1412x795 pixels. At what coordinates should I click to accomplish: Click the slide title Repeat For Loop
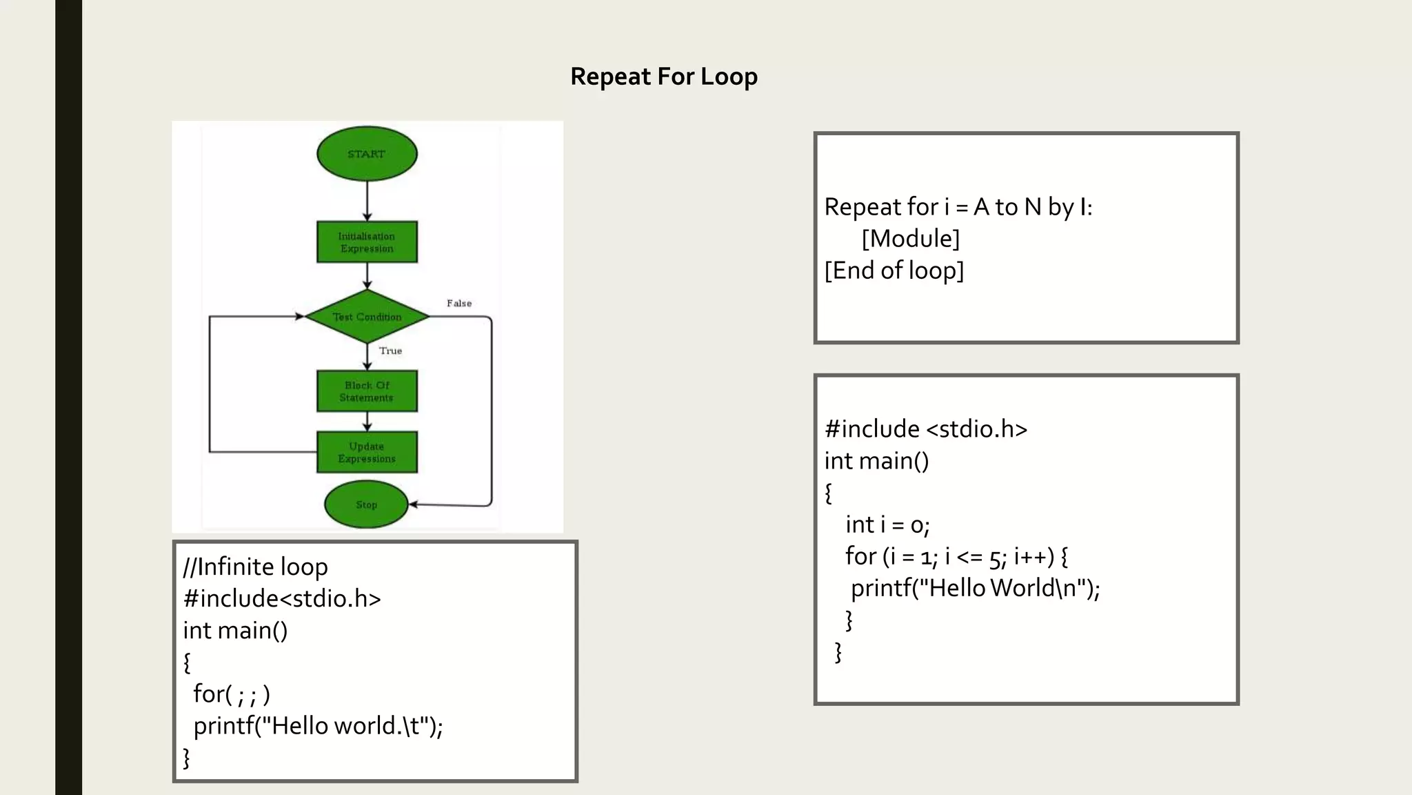pyautogui.click(x=663, y=77)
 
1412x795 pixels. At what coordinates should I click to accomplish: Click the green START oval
pyautogui.click(x=367, y=154)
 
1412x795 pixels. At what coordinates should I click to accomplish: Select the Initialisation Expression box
pyautogui.click(x=367, y=242)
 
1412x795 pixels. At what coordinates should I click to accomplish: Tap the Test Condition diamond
pyautogui.click(x=367, y=317)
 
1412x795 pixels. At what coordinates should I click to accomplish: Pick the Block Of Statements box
pyautogui.click(x=367, y=391)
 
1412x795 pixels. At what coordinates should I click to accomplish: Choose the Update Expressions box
pyautogui.click(x=367, y=452)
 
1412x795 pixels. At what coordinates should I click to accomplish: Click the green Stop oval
pyautogui.click(x=366, y=504)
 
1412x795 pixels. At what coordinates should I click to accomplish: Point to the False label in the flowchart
pyautogui.click(x=459, y=304)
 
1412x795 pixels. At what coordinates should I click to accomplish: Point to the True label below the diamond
pyautogui.click(x=390, y=351)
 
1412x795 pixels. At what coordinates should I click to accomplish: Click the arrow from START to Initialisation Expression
pyautogui.click(x=367, y=200)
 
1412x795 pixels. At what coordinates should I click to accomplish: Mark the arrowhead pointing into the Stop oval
pyautogui.click(x=414, y=504)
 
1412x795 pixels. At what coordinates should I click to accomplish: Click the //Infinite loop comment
pyautogui.click(x=255, y=567)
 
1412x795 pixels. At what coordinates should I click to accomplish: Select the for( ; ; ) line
pyautogui.click(x=232, y=694)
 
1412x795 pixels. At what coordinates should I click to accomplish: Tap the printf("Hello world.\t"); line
pyautogui.click(x=318, y=726)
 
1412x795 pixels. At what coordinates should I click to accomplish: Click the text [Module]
pyautogui.click(x=910, y=239)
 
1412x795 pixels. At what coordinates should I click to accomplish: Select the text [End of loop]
pyautogui.click(x=894, y=271)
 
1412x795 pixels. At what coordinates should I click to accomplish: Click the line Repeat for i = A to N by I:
pyautogui.click(x=958, y=207)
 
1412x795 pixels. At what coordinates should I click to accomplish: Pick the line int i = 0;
pyautogui.click(x=887, y=525)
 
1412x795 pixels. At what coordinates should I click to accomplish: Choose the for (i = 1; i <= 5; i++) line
pyautogui.click(x=956, y=557)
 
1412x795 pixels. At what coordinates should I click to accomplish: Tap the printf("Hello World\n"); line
pyautogui.click(x=975, y=589)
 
